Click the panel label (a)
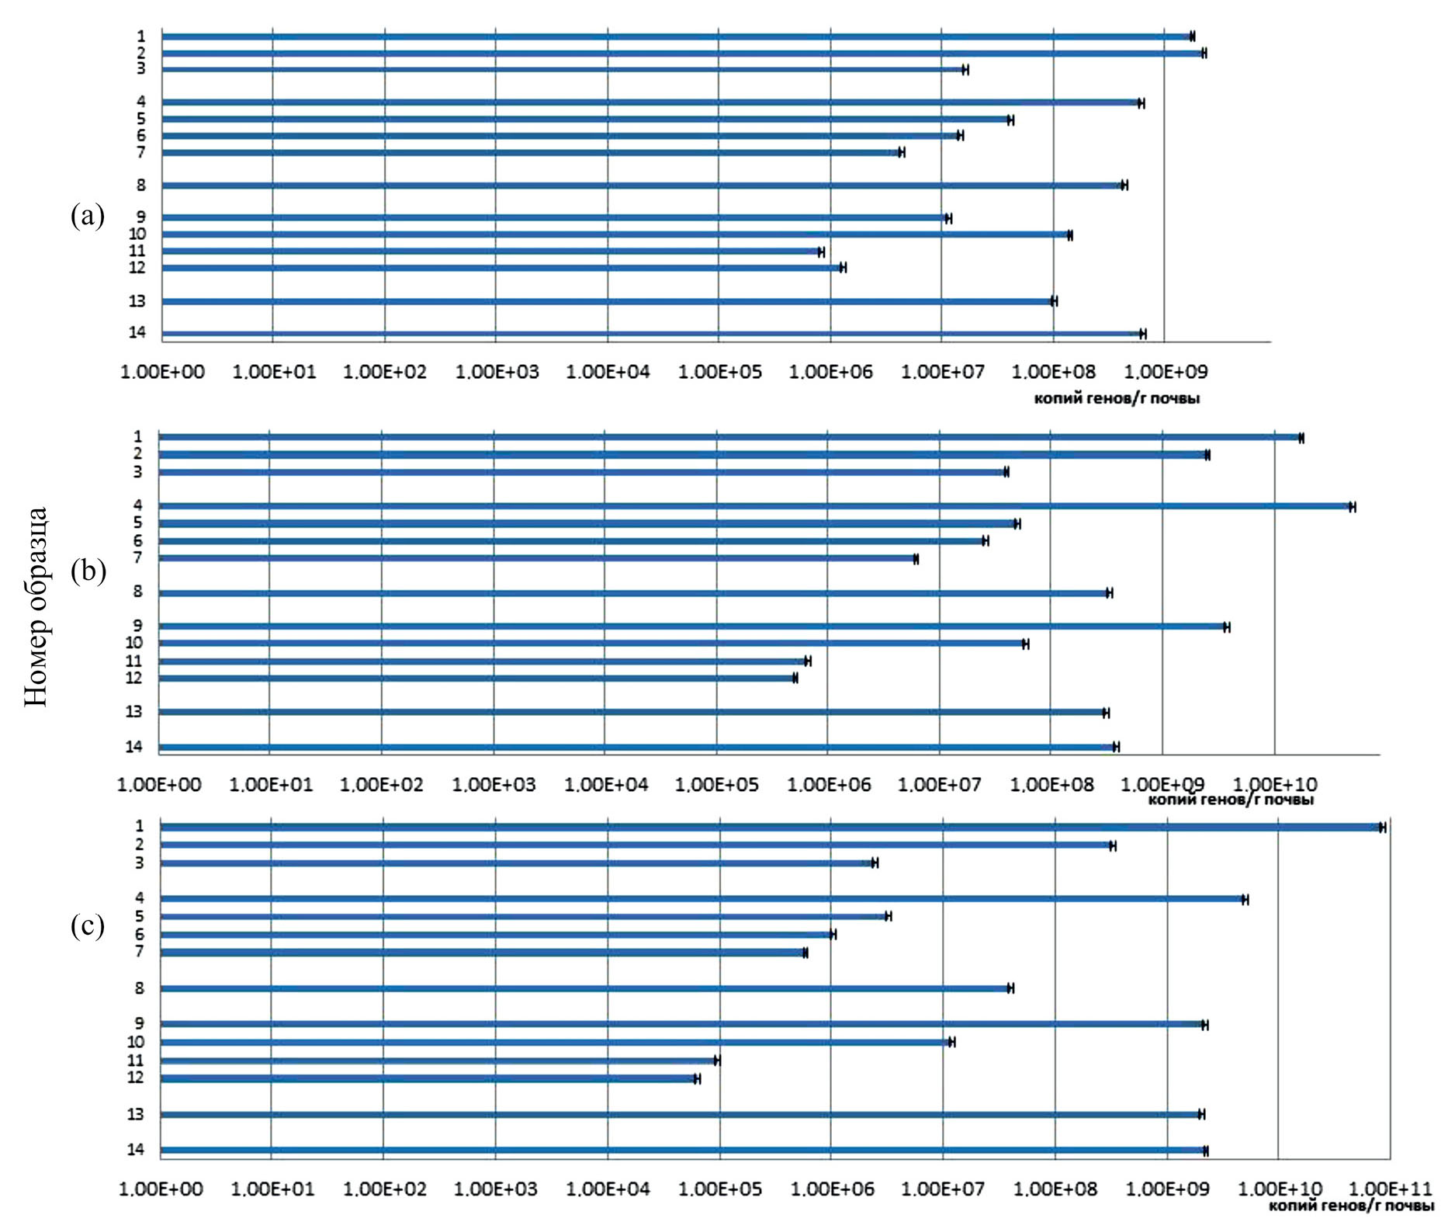coord(87,216)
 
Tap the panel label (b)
coord(88,571)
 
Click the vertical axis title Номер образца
coord(36,606)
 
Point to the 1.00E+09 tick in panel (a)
coord(1165,372)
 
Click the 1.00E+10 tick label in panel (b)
coord(1276,784)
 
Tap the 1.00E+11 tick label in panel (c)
coord(1391,1189)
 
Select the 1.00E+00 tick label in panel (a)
coord(162,372)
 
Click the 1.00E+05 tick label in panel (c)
coord(719,1189)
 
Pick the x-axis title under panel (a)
coord(1117,398)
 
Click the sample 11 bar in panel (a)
coord(489,251)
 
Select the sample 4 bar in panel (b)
coord(753,506)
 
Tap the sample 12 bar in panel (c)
coord(427,1078)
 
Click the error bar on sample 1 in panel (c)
coord(1382,828)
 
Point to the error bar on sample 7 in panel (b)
coord(916,559)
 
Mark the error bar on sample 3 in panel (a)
coord(965,70)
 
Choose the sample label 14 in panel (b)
coord(134,747)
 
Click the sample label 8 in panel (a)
coord(140,185)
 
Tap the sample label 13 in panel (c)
coord(135,1115)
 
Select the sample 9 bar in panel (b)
coord(691,627)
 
